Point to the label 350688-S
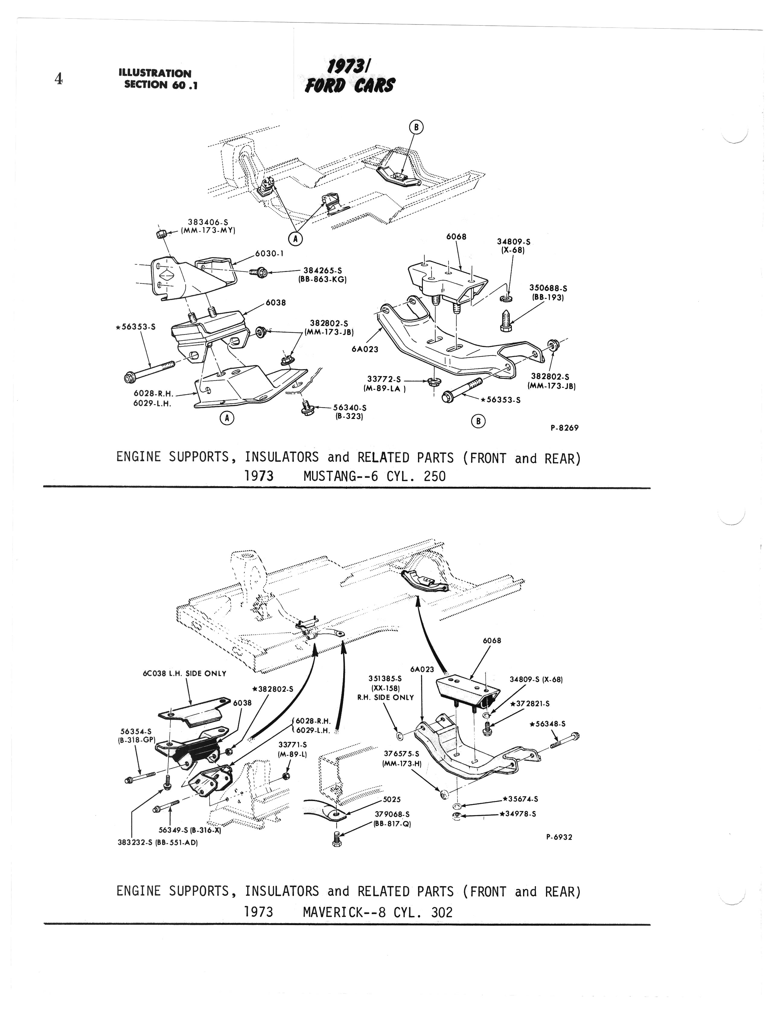(548, 289)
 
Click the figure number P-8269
(564, 428)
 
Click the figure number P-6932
(559, 837)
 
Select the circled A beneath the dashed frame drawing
(296, 238)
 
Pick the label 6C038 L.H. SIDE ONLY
(184, 673)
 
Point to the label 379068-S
(392, 814)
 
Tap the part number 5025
(392, 799)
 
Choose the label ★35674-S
(520, 799)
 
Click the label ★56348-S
(547, 724)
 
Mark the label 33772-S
(384, 379)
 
